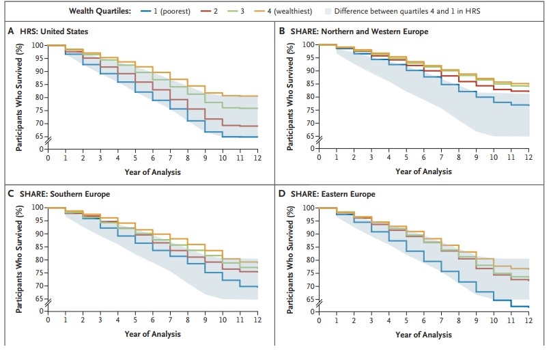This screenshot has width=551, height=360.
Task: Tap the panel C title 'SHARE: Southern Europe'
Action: [x=68, y=195]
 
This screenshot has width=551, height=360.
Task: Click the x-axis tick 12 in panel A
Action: [x=258, y=158]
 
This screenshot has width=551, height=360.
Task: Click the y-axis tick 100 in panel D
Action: [x=309, y=208]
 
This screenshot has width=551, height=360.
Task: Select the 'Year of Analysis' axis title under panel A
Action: [x=153, y=172]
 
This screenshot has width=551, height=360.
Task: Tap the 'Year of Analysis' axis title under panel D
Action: [x=424, y=335]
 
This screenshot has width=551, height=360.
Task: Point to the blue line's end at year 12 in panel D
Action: [x=529, y=307]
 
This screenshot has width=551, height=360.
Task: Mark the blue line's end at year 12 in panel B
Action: [x=529, y=105]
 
